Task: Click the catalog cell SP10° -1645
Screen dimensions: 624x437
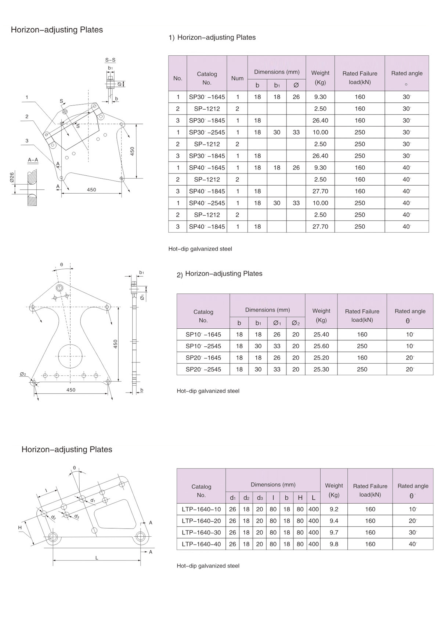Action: pyautogui.click(x=203, y=335)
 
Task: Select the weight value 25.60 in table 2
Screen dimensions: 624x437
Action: pyautogui.click(x=321, y=346)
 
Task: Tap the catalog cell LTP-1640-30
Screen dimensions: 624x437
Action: pyautogui.click(x=201, y=533)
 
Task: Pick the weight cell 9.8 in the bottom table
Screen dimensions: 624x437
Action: pyautogui.click(x=334, y=544)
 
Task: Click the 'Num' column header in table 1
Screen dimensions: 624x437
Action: pyautogui.click(x=237, y=78)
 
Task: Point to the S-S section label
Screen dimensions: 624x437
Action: pyautogui.click(x=110, y=60)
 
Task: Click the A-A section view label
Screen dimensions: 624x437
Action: pyautogui.click(x=33, y=160)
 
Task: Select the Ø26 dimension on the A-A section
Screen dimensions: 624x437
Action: pyautogui.click(x=12, y=178)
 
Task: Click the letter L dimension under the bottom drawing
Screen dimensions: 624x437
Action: pyautogui.click(x=97, y=558)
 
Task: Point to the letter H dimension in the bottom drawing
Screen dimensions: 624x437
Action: pyautogui.click(x=20, y=528)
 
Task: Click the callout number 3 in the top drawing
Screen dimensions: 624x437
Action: pyautogui.click(x=27, y=141)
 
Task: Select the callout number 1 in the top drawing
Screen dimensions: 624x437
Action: pyautogui.click(x=27, y=97)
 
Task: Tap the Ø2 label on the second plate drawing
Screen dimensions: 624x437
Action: pyautogui.click(x=23, y=374)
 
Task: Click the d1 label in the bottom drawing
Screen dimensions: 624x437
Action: pyautogui.click(x=93, y=500)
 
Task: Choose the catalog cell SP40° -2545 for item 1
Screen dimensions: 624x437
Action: pyautogui.click(x=207, y=203)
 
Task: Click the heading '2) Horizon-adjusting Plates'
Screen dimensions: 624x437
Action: pyautogui.click(x=220, y=274)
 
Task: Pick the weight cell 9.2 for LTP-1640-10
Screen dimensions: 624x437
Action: pyautogui.click(x=334, y=509)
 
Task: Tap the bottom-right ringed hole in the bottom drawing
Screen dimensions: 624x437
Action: pyautogui.click(x=140, y=536)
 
